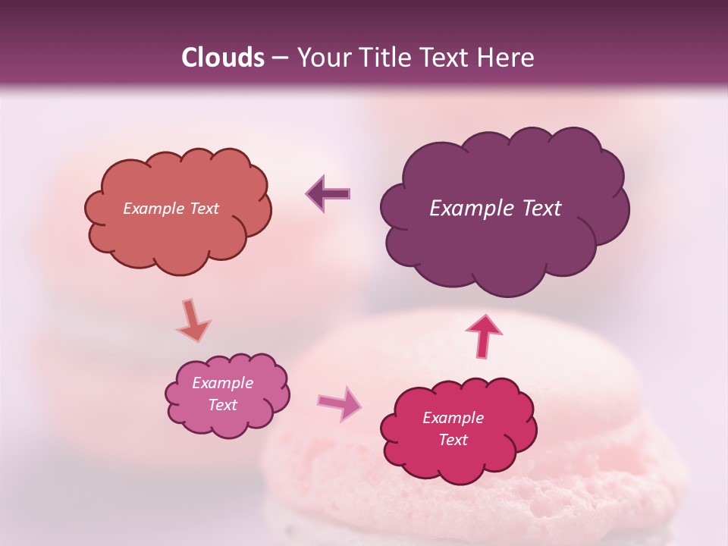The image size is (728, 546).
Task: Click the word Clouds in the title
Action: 222,58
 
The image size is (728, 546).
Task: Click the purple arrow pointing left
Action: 329,194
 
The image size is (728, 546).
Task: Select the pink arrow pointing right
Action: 339,403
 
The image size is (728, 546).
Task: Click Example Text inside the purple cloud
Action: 495,209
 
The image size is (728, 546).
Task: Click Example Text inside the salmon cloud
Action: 171,209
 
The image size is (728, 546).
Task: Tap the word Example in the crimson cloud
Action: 453,418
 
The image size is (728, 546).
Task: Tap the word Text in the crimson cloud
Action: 453,440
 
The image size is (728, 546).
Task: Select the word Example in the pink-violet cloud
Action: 222,383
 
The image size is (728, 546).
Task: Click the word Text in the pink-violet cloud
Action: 222,405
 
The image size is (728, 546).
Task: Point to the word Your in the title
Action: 322,58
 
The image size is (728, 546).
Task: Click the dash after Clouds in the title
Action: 280,58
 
